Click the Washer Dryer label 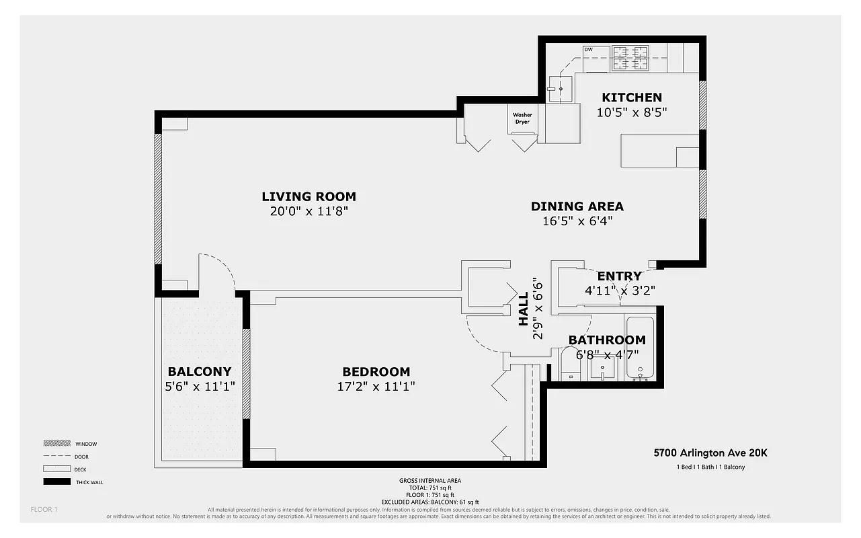[522, 118]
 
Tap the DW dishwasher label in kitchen [588, 50]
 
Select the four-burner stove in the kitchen [630, 58]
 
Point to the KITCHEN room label [631, 98]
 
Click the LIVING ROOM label [309, 196]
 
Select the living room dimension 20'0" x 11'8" [309, 211]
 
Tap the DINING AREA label [577, 206]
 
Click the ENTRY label [619, 276]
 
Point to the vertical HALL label [524, 309]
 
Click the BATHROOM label [606, 340]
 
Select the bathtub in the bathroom [640, 348]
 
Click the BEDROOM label [376, 372]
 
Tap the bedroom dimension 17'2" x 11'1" [376, 387]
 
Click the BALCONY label [199, 371]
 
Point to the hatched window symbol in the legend [56, 444]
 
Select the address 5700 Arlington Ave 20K [710, 453]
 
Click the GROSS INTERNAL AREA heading [429, 481]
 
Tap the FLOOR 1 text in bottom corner [44, 509]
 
